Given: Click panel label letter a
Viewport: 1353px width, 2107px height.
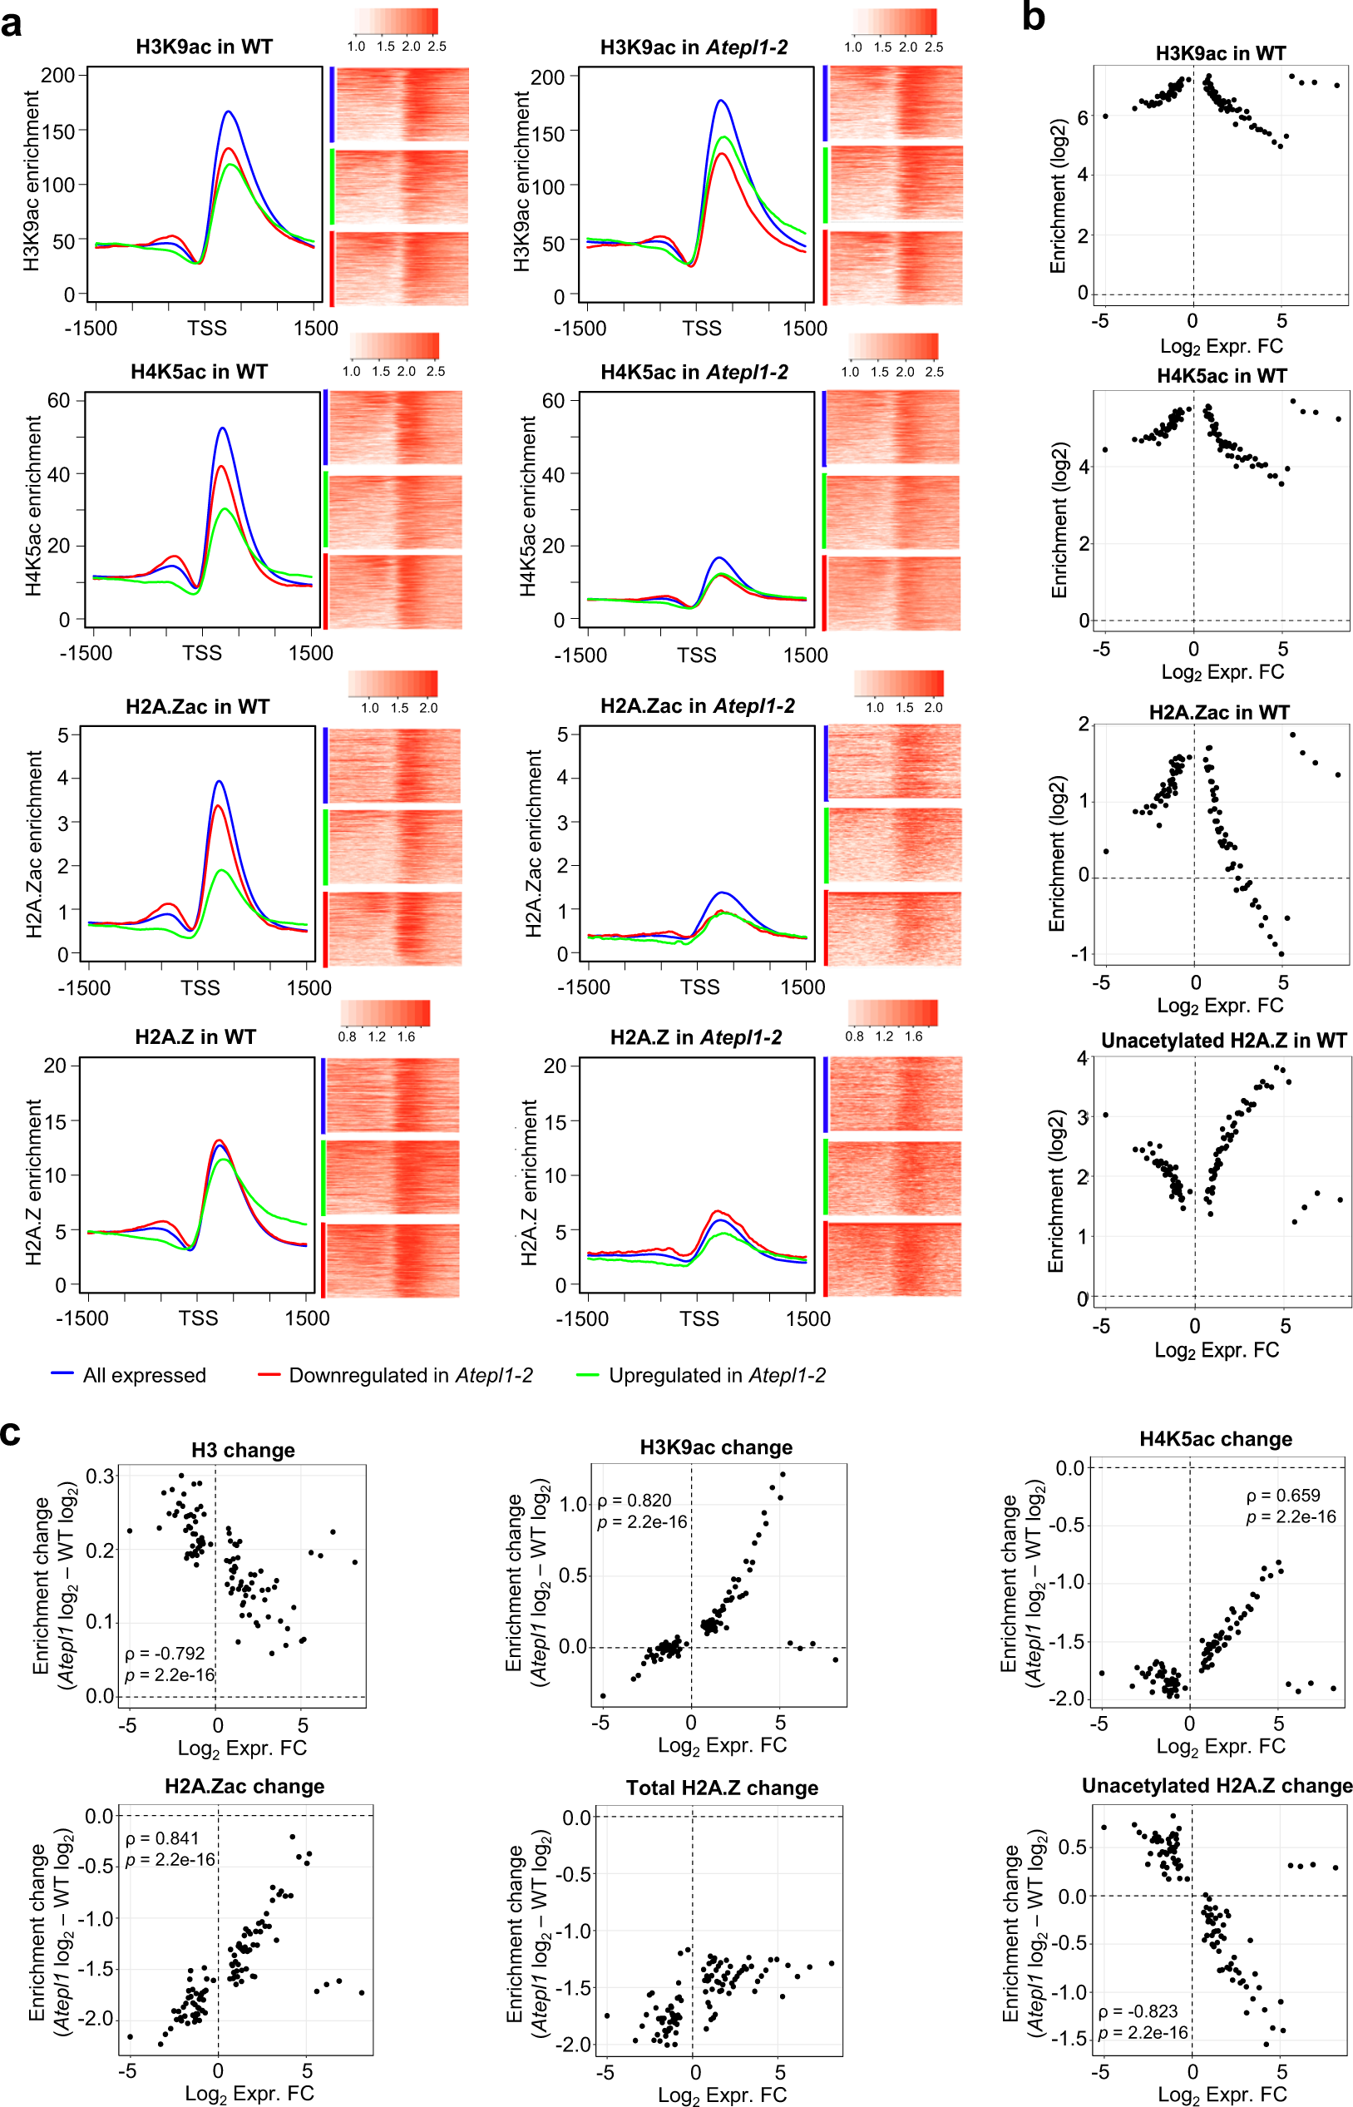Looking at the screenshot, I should click(x=12, y=24).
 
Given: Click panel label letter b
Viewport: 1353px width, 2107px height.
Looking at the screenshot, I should click(x=1033, y=16).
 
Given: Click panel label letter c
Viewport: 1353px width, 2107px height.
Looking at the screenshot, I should click(x=10, y=1432).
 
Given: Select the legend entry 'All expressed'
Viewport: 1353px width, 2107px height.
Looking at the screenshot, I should click(x=144, y=1375).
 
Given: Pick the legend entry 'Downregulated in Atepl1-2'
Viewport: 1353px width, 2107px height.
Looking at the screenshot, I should click(x=410, y=1375).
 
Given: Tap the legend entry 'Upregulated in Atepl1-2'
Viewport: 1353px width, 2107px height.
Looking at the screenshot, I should click(x=717, y=1375).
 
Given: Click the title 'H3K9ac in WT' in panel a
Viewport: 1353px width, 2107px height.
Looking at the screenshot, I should click(x=204, y=47).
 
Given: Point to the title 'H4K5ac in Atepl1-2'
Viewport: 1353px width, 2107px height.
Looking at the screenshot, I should click(x=694, y=372).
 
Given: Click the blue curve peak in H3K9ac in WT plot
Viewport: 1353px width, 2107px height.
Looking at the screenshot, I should click(x=229, y=111).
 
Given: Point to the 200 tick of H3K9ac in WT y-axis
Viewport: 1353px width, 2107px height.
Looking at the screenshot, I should click(x=58, y=76).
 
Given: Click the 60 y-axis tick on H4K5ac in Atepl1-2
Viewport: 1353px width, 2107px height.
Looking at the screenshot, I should click(x=554, y=401).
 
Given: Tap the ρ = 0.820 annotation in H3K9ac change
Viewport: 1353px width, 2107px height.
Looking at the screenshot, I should click(x=634, y=1500).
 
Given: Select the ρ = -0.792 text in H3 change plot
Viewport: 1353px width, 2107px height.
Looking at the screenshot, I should click(x=165, y=1653).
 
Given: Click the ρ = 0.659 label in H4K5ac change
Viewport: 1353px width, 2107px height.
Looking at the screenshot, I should click(x=1282, y=1495).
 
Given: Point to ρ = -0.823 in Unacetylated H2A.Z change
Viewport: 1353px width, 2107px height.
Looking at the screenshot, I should click(x=1138, y=2011).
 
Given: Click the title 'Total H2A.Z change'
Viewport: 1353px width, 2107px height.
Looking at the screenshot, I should click(x=721, y=1788).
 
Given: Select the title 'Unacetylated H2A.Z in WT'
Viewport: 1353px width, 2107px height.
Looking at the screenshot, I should click(x=1223, y=1041).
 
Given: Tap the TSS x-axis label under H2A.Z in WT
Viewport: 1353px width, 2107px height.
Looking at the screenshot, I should click(x=198, y=1318).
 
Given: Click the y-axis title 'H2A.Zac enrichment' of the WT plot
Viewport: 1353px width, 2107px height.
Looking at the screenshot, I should click(x=34, y=843).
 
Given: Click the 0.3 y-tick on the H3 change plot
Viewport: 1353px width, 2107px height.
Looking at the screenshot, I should click(x=100, y=1476).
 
